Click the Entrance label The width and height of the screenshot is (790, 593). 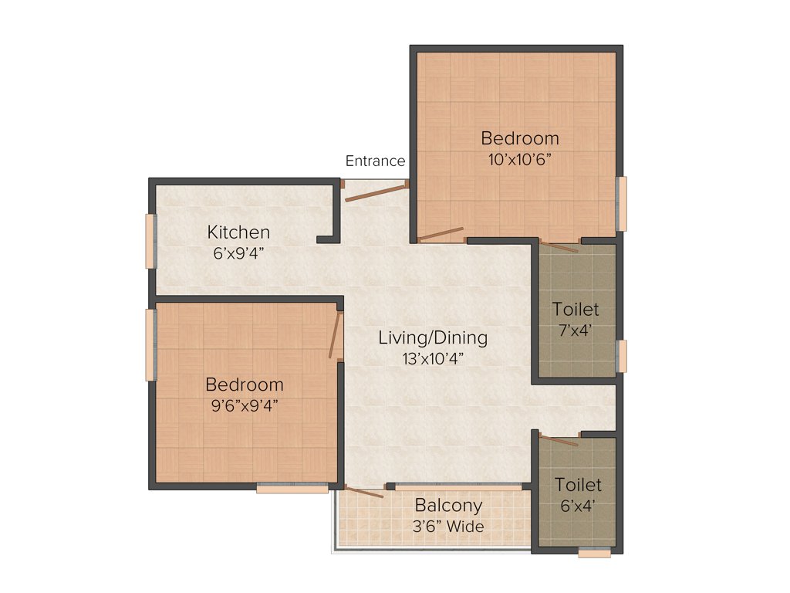tap(375, 161)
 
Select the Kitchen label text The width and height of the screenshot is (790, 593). tap(238, 232)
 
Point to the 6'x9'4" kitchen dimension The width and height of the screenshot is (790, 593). tap(238, 252)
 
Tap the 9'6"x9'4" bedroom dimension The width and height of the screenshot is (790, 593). tap(244, 405)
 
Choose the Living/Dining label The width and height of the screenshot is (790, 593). tap(433, 337)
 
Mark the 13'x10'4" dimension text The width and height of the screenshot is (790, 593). tap(433, 357)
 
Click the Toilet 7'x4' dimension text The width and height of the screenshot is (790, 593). tap(576, 330)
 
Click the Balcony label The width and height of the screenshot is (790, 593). tap(448, 506)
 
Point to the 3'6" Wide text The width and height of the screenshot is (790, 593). tap(449, 527)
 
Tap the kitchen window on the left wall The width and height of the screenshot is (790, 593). tap(150, 241)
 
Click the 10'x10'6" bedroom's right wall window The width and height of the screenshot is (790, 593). tap(622, 204)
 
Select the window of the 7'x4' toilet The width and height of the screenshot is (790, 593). tap(622, 356)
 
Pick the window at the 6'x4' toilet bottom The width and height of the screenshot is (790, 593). tap(594, 553)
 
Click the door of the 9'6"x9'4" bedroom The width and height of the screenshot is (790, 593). tap(335, 335)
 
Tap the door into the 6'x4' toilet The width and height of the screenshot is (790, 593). tap(559, 441)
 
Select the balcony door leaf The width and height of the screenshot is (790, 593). tap(364, 492)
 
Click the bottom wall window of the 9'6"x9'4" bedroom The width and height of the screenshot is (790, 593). tap(292, 488)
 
